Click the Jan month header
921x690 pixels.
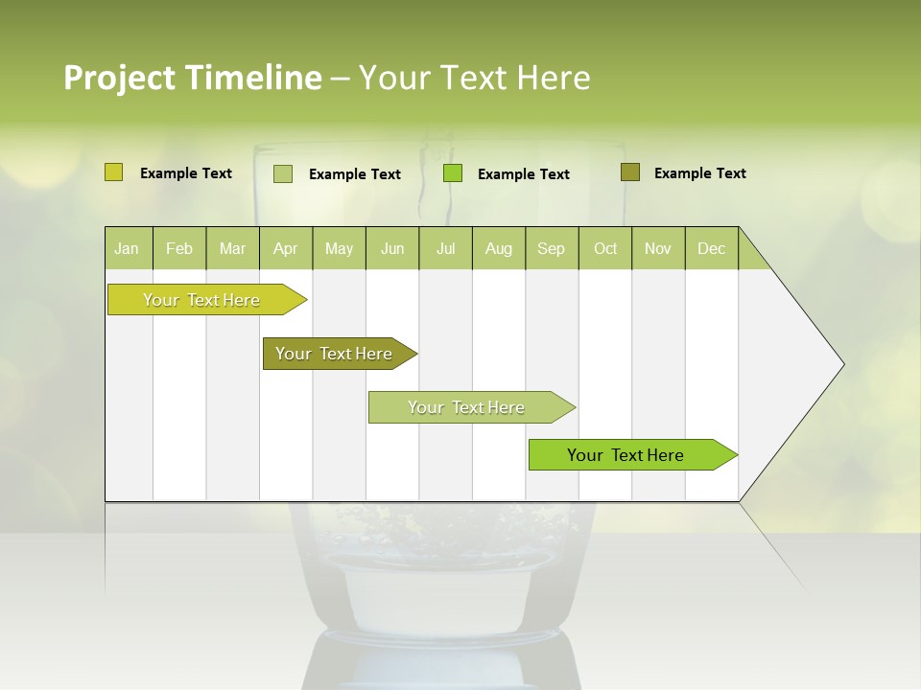[128, 248]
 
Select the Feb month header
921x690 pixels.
[179, 248]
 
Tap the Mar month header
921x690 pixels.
[232, 248]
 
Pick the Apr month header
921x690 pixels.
[286, 248]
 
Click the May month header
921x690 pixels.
[339, 248]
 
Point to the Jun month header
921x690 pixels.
[392, 248]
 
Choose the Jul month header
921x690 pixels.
[445, 248]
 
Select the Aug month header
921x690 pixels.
[499, 248]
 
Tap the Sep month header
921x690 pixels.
[552, 248]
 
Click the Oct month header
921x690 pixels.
[605, 248]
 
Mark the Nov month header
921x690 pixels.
[658, 248]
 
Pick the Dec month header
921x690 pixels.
[712, 248]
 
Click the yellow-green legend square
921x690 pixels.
[113, 172]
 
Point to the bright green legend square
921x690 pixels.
[453, 173]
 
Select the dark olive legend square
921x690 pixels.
[629, 172]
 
